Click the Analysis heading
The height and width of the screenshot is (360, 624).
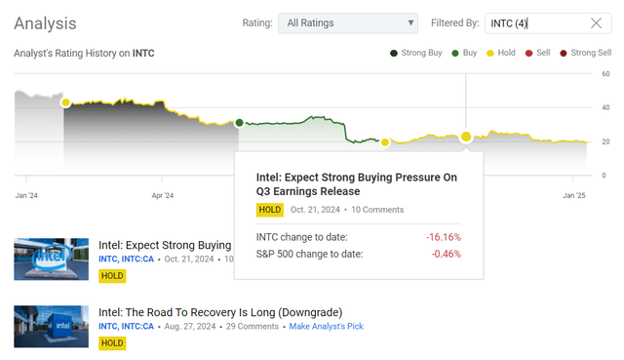pyautogui.click(x=46, y=22)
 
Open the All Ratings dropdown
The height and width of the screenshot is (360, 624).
pyautogui.click(x=347, y=23)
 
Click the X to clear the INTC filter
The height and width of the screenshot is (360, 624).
pyautogui.click(x=597, y=23)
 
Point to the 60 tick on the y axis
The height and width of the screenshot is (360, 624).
pyautogui.click(x=605, y=73)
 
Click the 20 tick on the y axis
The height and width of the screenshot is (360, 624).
pyautogui.click(x=605, y=142)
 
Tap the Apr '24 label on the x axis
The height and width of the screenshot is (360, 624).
pyautogui.click(x=163, y=195)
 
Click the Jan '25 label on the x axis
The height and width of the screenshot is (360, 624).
pyautogui.click(x=574, y=195)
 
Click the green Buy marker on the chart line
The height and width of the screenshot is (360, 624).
pyautogui.click(x=240, y=122)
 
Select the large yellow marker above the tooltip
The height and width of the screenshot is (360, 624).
pyautogui.click(x=466, y=137)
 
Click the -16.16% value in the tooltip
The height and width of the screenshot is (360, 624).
pyautogui.click(x=443, y=237)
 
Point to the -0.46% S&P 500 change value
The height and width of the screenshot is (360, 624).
pyautogui.click(x=446, y=254)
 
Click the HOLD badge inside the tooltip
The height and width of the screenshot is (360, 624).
pyautogui.click(x=270, y=209)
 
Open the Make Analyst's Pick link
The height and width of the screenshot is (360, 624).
pyautogui.click(x=326, y=326)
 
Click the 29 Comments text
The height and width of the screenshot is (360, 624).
pyautogui.click(x=252, y=326)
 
